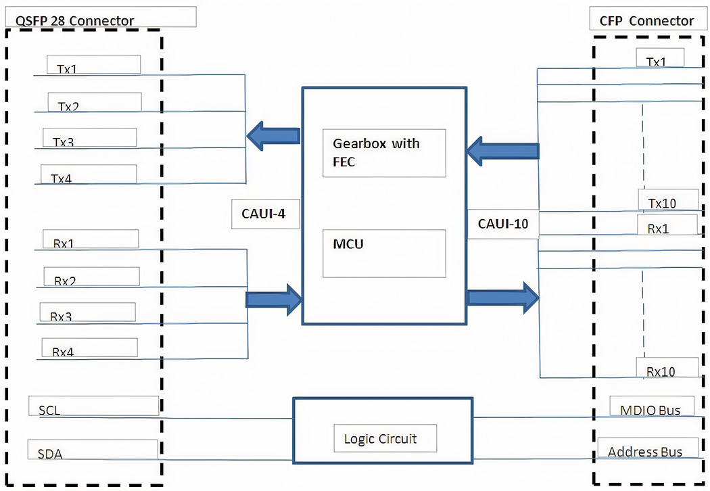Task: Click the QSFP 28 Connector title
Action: click(x=74, y=20)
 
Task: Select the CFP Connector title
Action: click(x=646, y=21)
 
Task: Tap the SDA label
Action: click(x=50, y=454)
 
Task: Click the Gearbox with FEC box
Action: click(x=383, y=153)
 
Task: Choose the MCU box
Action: click(x=383, y=253)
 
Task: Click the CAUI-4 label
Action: click(x=265, y=214)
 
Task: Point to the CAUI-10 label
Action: click(x=502, y=223)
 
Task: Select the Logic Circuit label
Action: click(x=385, y=439)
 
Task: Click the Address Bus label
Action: click(x=645, y=452)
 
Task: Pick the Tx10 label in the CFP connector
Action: click(x=663, y=202)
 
